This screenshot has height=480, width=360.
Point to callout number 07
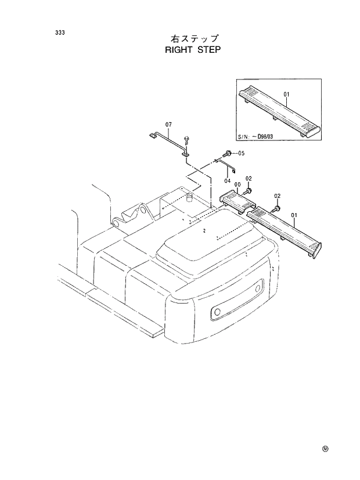[x=168, y=125]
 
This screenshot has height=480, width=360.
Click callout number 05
[x=242, y=153]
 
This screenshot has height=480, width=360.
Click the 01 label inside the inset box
[x=286, y=94]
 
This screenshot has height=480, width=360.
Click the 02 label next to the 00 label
[x=248, y=178]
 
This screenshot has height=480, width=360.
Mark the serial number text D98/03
[x=269, y=138]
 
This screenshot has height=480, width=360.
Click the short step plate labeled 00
[x=238, y=200]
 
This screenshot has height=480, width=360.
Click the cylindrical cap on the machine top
[x=189, y=199]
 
